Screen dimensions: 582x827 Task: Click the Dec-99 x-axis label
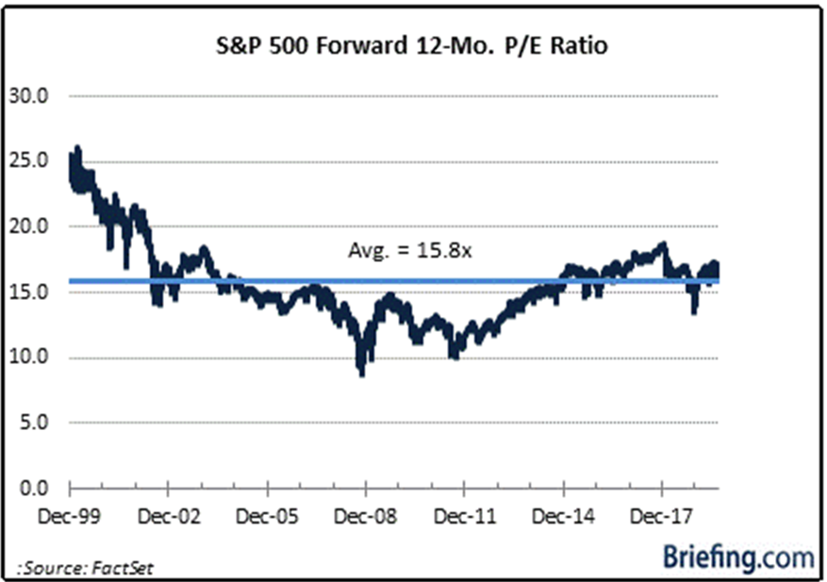tap(70, 517)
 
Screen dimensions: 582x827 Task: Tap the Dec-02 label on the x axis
tap(168, 517)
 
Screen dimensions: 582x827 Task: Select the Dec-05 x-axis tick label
tap(267, 517)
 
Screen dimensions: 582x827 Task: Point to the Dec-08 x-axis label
tap(366, 517)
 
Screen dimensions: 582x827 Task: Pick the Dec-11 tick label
tap(464, 517)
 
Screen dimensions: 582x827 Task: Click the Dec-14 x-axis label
tap(563, 517)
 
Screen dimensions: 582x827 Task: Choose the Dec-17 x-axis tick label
tap(661, 517)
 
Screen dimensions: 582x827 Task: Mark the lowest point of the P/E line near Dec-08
tap(362, 374)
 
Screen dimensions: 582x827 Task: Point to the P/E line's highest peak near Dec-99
tap(77, 148)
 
